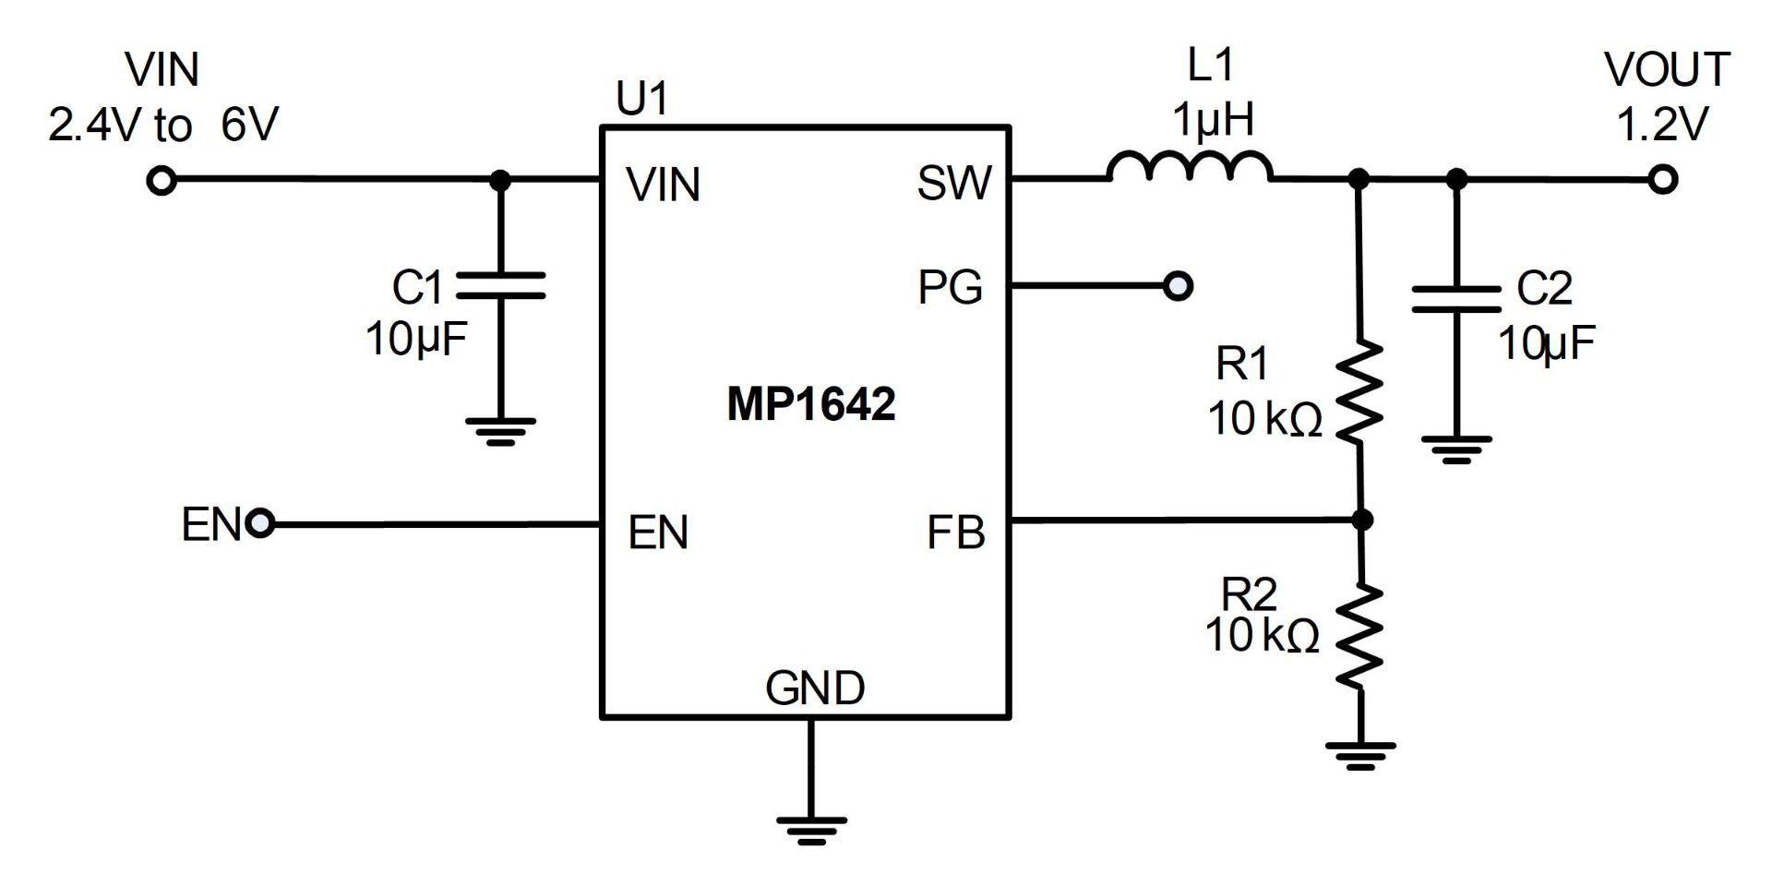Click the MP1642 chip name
(x=810, y=404)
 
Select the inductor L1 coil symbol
(x=1190, y=167)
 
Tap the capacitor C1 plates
(x=501, y=285)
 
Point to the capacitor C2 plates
(x=1455, y=299)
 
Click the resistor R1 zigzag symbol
(x=1359, y=391)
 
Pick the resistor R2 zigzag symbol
(x=1359, y=636)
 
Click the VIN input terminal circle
(x=162, y=181)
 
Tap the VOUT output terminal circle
(x=1662, y=180)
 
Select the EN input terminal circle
(x=261, y=524)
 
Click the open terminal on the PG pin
(x=1179, y=286)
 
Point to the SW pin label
(x=953, y=184)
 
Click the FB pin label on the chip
(x=955, y=533)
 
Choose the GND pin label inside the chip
(x=815, y=688)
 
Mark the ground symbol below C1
(x=501, y=430)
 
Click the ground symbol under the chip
(x=811, y=829)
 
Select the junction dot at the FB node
(x=1361, y=521)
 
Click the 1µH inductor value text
(x=1213, y=120)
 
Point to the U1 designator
(x=641, y=99)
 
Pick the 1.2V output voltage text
(x=1662, y=124)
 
